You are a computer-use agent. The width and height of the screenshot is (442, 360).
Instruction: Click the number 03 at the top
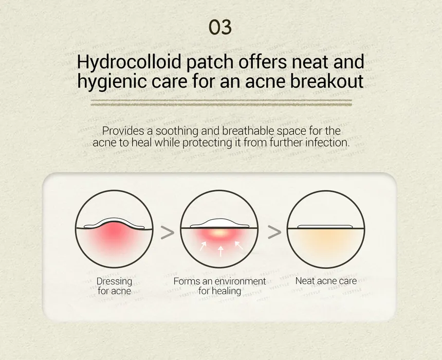[x=220, y=27]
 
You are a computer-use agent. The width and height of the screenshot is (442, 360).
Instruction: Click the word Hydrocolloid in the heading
[x=129, y=62]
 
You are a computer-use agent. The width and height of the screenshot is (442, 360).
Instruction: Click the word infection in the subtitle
[x=327, y=142]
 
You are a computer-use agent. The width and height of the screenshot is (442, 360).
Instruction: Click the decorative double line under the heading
[x=222, y=103]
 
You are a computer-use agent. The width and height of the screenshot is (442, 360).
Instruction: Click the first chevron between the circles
[x=168, y=232]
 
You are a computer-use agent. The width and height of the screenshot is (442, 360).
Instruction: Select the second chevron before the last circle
[x=274, y=232]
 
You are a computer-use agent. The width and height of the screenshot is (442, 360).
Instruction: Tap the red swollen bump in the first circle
[x=114, y=232]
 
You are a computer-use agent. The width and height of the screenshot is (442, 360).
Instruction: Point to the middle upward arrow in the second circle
[x=220, y=251]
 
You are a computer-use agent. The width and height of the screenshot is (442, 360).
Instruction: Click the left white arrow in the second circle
[x=203, y=246]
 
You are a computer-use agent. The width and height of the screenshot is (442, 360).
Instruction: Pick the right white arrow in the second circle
[x=239, y=245]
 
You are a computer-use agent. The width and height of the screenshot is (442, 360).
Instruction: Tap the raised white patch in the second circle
[x=219, y=223]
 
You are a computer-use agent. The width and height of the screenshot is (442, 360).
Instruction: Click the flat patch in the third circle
[x=325, y=226]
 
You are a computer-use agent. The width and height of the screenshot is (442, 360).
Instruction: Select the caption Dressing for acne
[x=114, y=286]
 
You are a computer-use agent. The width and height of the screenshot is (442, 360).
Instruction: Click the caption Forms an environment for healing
[x=219, y=286]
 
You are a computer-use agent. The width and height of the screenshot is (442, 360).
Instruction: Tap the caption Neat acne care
[x=326, y=281]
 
